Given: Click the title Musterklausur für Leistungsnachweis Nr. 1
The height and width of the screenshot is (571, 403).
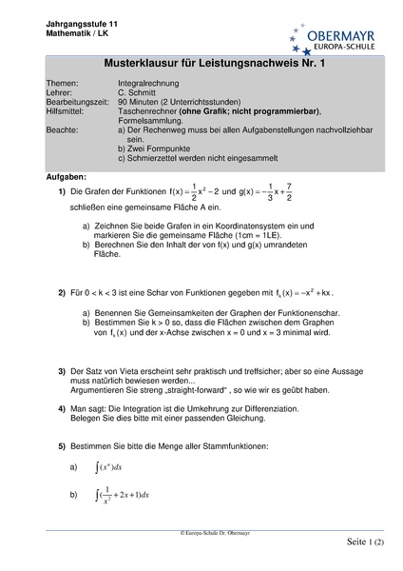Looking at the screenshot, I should click(x=201, y=64).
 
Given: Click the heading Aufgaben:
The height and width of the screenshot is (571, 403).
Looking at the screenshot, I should click(x=66, y=177).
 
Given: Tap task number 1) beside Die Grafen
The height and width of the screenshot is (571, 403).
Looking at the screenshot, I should click(x=62, y=191).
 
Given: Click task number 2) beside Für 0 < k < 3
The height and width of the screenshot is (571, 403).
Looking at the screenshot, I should click(x=62, y=293).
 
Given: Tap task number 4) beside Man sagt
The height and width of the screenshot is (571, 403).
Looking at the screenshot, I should click(x=62, y=407).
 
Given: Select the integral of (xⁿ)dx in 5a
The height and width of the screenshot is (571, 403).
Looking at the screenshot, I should click(x=110, y=468).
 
